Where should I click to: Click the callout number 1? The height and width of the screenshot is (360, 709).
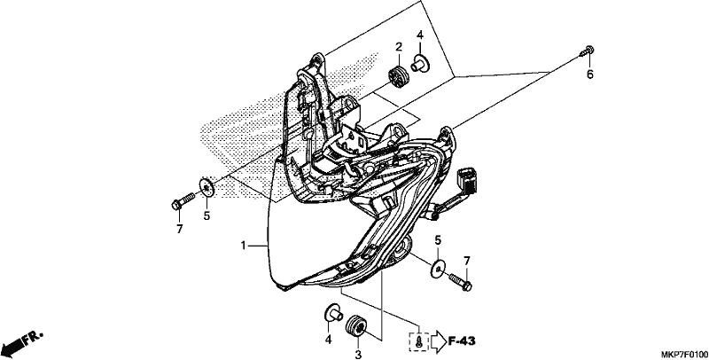[x=243, y=246]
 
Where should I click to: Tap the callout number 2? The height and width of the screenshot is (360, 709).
[x=399, y=47]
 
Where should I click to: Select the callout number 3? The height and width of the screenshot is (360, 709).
[x=358, y=355]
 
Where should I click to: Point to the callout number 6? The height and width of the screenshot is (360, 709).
[x=590, y=74]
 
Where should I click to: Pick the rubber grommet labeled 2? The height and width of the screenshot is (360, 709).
[x=398, y=76]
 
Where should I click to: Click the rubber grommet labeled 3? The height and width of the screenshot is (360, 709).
[x=356, y=325]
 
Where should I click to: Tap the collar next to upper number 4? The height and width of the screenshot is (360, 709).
[x=420, y=63]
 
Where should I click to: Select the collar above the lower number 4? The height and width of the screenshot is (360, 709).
[x=334, y=313]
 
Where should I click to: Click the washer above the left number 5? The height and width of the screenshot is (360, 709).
[x=206, y=187]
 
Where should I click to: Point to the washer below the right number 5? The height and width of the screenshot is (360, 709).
[x=437, y=268]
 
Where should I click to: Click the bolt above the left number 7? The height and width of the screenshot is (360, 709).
[x=183, y=201]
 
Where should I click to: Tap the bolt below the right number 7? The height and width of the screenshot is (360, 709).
[x=461, y=281]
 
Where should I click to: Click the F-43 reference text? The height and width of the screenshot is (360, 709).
[x=462, y=341]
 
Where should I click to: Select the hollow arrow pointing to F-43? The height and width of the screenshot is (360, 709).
[x=438, y=342]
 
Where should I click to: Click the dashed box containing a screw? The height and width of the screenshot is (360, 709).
[x=418, y=342]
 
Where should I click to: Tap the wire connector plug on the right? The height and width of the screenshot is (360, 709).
[x=468, y=180]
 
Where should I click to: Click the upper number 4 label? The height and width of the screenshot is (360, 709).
[x=419, y=35]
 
